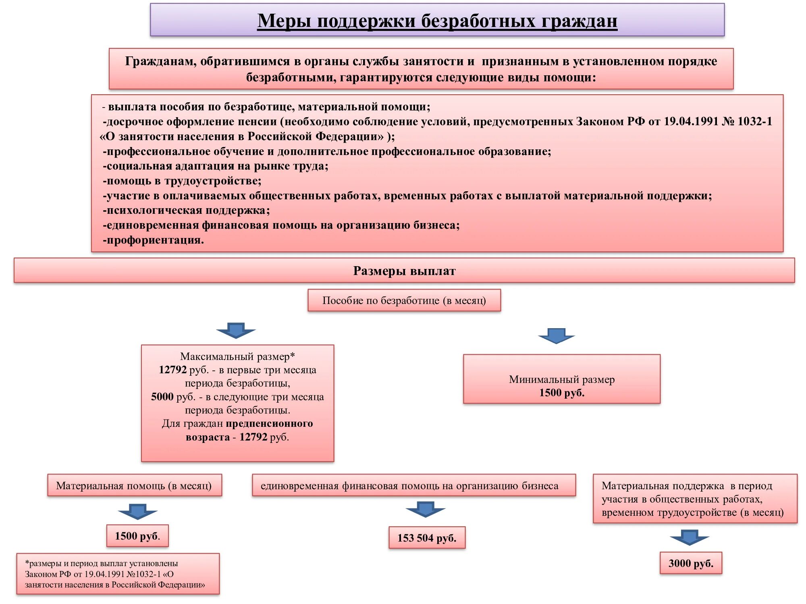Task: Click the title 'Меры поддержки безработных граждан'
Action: pyautogui.click(x=437, y=21)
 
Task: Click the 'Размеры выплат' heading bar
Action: pyautogui.click(x=404, y=271)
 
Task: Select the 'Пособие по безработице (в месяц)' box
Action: pyautogui.click(x=404, y=300)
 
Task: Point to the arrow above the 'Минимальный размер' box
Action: pyautogui.click(x=556, y=336)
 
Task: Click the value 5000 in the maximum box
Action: pyautogui.click(x=162, y=397)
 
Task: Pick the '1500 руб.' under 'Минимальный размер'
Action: pyautogui.click(x=562, y=393)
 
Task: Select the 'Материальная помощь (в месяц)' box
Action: pyautogui.click(x=134, y=486)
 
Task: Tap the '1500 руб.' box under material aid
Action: pyautogui.click(x=137, y=536)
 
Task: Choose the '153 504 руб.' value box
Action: pyautogui.click(x=427, y=538)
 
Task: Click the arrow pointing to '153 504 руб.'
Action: pyautogui.click(x=425, y=509)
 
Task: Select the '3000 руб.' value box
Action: pyautogui.click(x=691, y=563)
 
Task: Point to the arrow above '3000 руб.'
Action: pyautogui.click(x=689, y=538)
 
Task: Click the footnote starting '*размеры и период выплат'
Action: pyautogui.click(x=118, y=574)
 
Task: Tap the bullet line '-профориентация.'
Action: pyautogui.click(x=154, y=240)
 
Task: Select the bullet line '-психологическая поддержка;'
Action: pyautogui.click(x=186, y=211)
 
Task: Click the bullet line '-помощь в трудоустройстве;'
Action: pyautogui.click(x=182, y=181)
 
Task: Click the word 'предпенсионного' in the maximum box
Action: pyautogui.click(x=269, y=424)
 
